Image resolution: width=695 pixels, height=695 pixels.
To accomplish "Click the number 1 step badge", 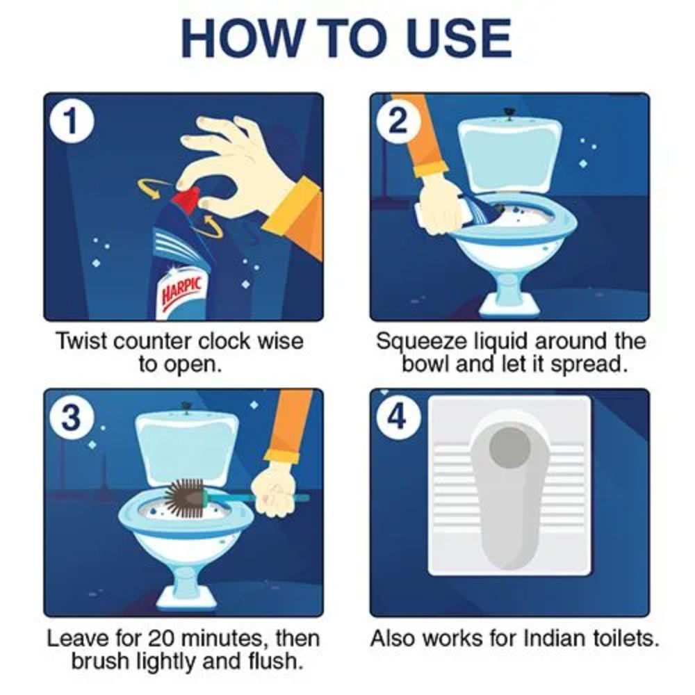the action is (x=72, y=121).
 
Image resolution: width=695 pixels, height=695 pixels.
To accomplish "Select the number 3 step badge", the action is (x=72, y=417).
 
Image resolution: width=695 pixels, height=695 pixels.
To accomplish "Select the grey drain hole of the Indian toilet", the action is (x=509, y=448).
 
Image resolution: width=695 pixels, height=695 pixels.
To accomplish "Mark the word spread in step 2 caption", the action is (x=589, y=366).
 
